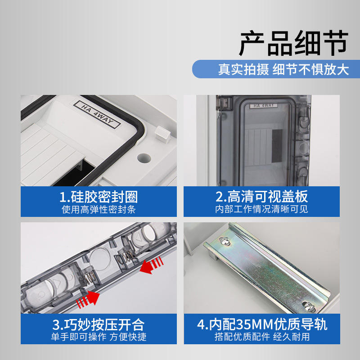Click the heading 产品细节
pyautogui.click(x=293, y=43)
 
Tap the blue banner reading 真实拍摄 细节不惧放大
pyautogui.click(x=276, y=69)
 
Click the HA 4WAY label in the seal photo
pyautogui.click(x=97, y=114)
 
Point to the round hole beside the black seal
pyautogui.click(x=144, y=158)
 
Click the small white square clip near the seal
pyautogui.click(x=162, y=134)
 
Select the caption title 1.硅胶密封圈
pyautogui.click(x=99, y=197)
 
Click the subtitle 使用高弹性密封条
pyautogui.click(x=99, y=209)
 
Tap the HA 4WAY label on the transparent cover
pyautogui.click(x=264, y=106)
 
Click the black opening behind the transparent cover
pyautogui.click(x=277, y=146)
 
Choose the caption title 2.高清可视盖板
pyautogui.click(x=261, y=197)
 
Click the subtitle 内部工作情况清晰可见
pyautogui.click(x=261, y=209)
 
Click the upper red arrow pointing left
pyautogui.click(x=151, y=265)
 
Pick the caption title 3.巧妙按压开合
pyautogui.click(x=99, y=324)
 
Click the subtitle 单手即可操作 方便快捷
pyautogui.click(x=99, y=337)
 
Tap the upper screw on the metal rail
pyautogui.click(x=224, y=241)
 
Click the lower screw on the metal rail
pyautogui.click(x=308, y=305)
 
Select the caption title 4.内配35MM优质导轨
pyautogui.click(x=262, y=324)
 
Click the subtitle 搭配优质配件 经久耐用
pyautogui.click(x=262, y=337)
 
